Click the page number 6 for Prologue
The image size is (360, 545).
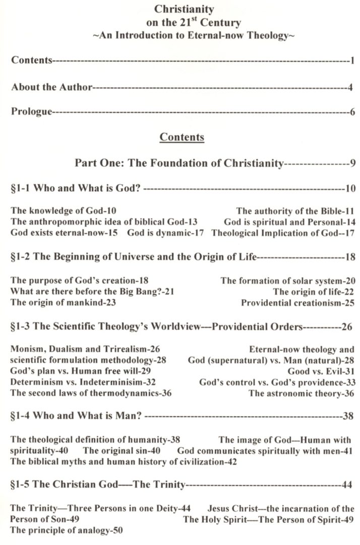point(352,112)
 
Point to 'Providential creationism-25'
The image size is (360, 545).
point(297,303)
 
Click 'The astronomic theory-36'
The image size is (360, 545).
point(302,393)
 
